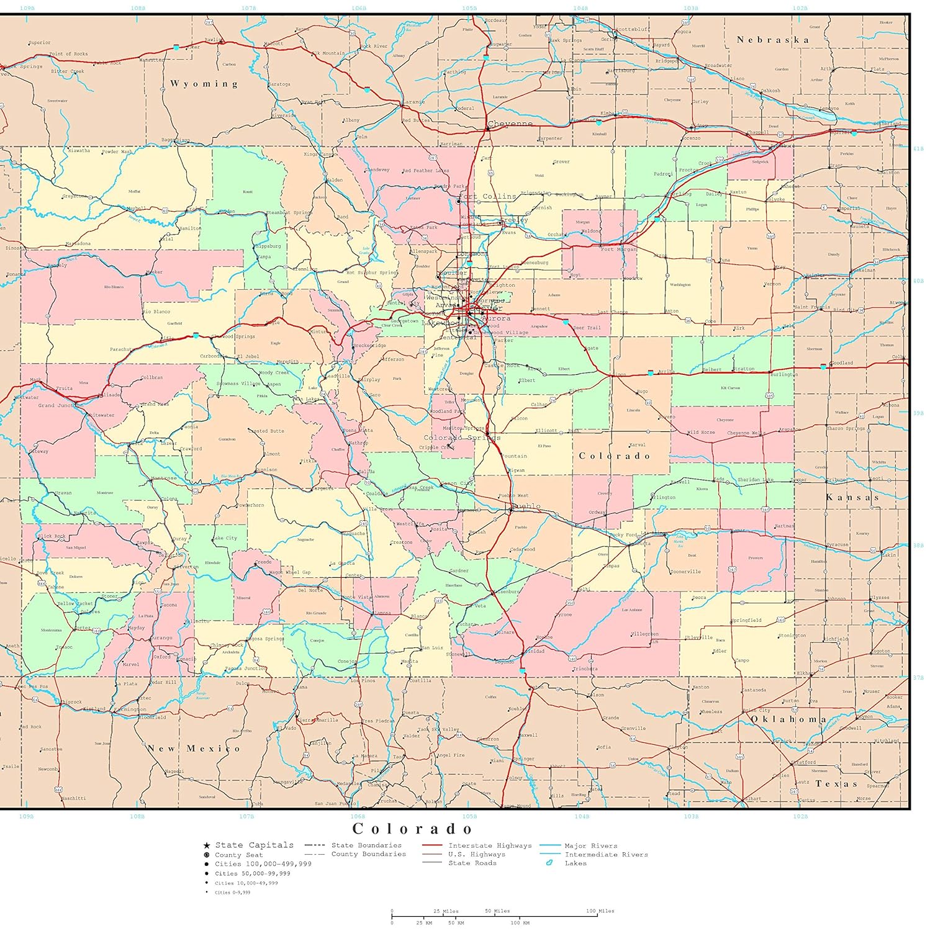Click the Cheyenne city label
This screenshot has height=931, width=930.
pos(510,124)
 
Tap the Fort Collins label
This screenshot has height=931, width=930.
pos(488,197)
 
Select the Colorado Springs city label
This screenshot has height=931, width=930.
pos(462,438)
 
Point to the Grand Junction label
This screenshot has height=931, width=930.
pos(60,405)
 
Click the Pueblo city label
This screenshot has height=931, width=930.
pos(526,506)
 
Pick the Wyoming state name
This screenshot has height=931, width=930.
pos(204,84)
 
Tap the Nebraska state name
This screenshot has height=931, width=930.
pos(773,40)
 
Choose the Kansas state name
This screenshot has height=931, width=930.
pos(852,497)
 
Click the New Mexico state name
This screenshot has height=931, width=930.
pos(194,749)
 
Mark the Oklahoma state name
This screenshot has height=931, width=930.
pos(788,719)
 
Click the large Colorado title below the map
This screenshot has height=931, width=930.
pos(413,829)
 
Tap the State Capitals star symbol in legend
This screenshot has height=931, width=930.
pos(206,845)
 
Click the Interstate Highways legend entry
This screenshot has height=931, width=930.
pos(490,845)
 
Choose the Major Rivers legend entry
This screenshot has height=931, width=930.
pos(590,845)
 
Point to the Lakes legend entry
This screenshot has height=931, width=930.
pos(575,863)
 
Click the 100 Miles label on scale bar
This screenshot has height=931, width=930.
pos(600,911)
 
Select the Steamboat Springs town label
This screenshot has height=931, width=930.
pos(289,213)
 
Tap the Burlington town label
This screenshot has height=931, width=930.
pos(783,375)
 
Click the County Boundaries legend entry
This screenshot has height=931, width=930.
pos(368,854)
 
